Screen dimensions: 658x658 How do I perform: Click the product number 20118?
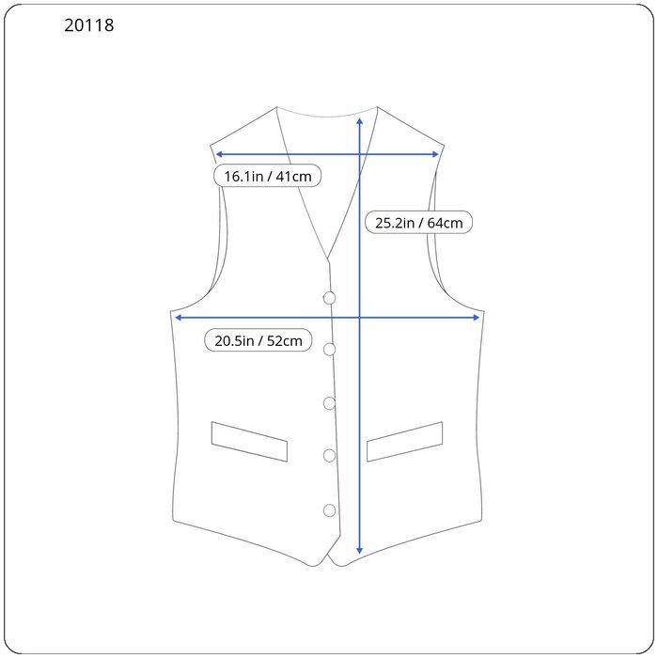coord(89,26)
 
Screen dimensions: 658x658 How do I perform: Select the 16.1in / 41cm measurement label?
coord(267,176)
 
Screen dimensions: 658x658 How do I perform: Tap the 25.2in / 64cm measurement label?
coord(418,223)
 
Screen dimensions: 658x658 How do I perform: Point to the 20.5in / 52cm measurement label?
coord(258,340)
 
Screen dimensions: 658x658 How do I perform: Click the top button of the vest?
coord(329,298)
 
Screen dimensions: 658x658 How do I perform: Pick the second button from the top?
coord(330,350)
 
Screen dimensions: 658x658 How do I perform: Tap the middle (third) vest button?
coord(329,403)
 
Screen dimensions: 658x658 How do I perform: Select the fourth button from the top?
coord(330,456)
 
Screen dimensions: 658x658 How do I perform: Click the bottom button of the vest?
coord(330,510)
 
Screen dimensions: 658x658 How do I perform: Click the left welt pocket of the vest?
coord(249,441)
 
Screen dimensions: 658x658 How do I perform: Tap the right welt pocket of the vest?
coord(404,442)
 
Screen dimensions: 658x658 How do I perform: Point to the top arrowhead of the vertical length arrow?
coord(359,119)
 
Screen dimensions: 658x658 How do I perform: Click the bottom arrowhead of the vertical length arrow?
coord(359,551)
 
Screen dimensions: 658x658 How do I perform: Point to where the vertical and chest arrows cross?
coord(359,318)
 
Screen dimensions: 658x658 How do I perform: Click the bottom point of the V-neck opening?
coord(327,259)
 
